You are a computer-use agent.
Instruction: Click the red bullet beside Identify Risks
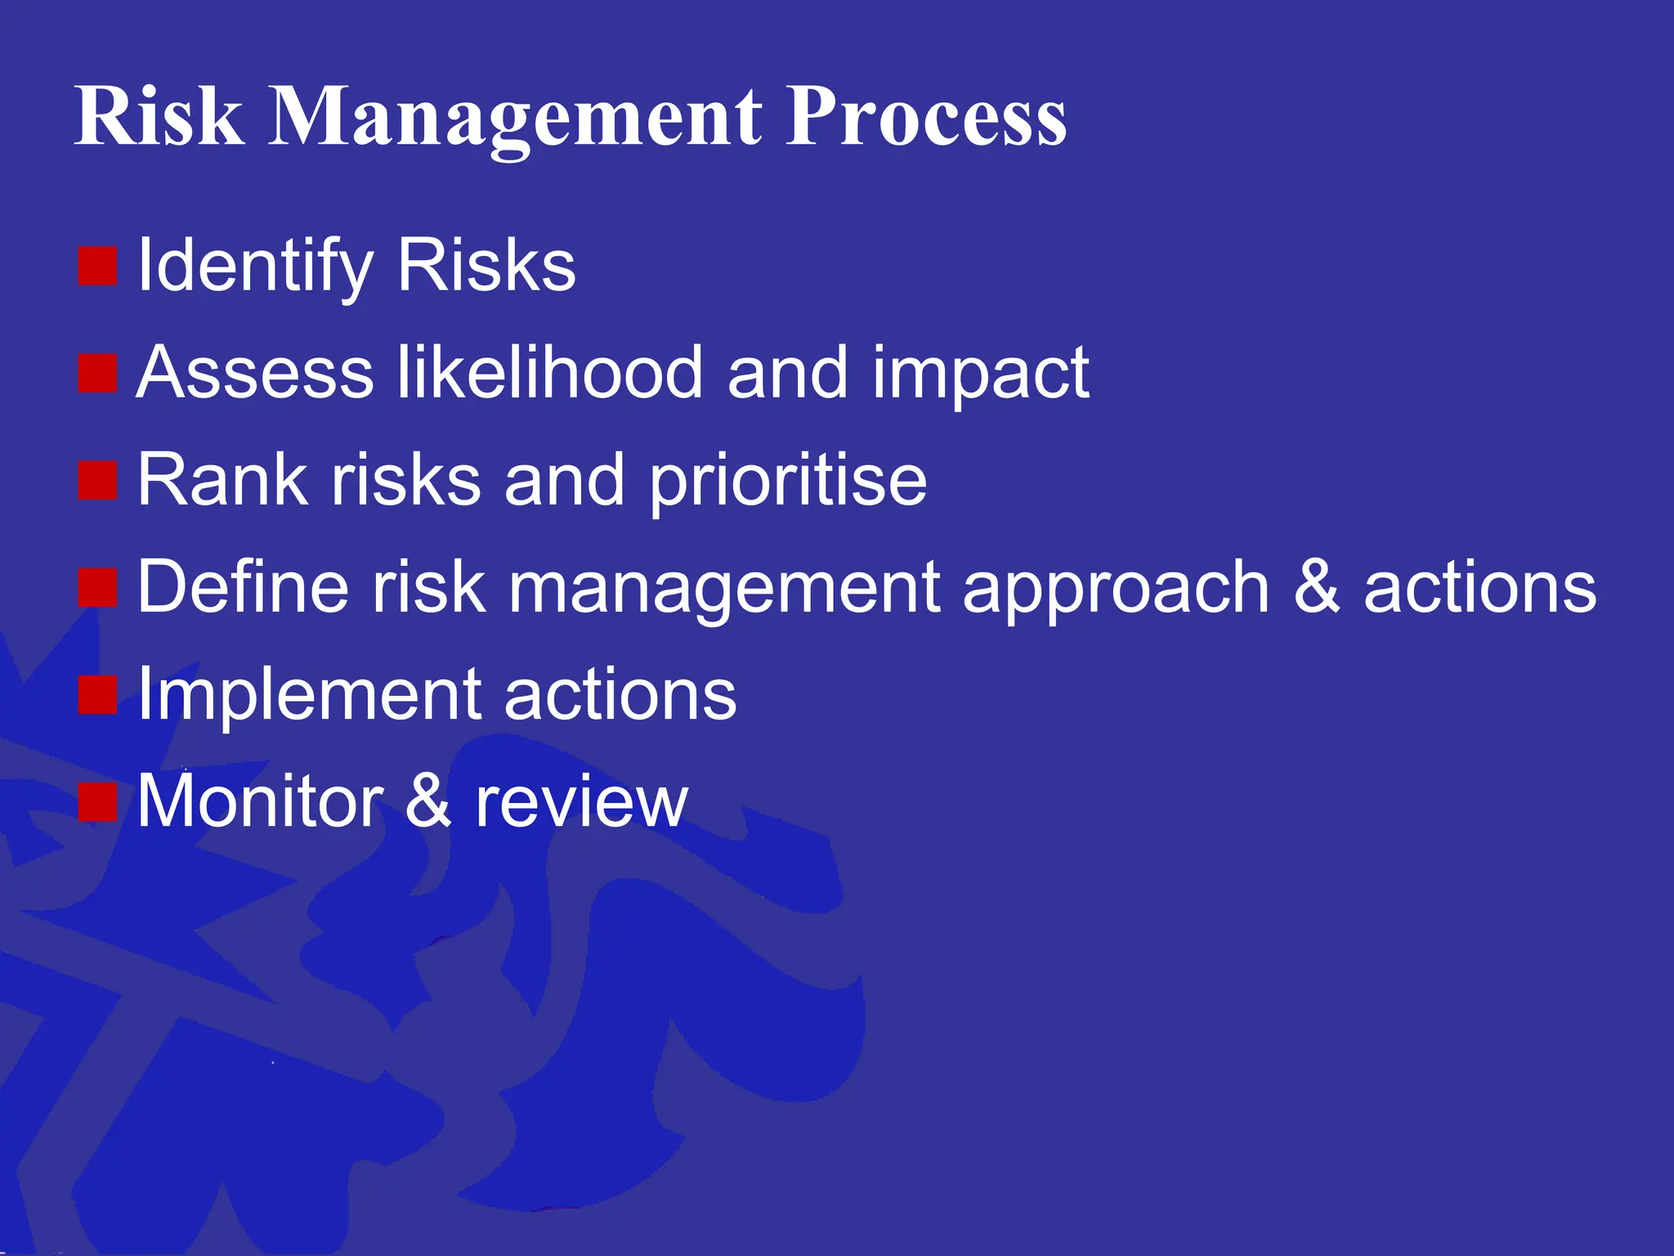point(98,266)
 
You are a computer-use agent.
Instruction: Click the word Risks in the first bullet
point(486,266)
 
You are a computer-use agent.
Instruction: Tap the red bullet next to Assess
point(98,374)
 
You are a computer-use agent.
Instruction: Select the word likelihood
point(549,374)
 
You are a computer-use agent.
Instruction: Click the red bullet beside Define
point(98,587)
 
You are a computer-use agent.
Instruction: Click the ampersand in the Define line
point(1317,587)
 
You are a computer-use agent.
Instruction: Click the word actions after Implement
point(620,695)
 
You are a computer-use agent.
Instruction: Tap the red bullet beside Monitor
point(98,801)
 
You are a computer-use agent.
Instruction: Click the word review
point(581,803)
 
